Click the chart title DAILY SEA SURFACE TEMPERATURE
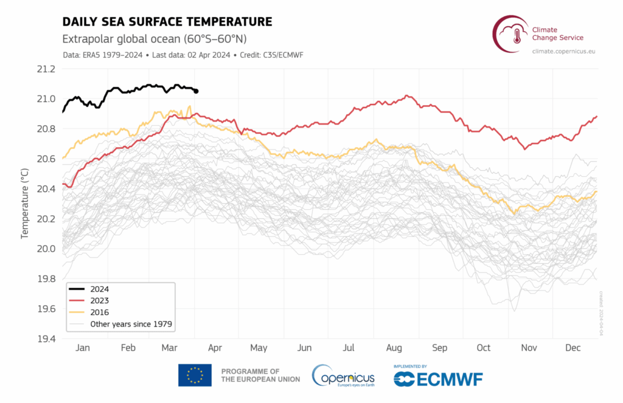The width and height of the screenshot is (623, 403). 167,22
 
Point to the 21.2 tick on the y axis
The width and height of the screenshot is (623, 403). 47,69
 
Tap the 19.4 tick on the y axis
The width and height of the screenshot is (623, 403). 47,339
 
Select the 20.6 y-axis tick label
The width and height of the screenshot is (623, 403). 47,159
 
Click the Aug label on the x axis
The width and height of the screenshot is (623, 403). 394,348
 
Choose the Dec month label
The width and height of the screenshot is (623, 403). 573,348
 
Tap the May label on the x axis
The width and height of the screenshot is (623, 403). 259,348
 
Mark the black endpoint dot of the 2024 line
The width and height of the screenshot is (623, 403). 196,91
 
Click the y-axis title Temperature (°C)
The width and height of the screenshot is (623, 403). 25,204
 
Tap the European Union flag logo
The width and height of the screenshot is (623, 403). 195,375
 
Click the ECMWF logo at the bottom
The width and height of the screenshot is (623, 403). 438,377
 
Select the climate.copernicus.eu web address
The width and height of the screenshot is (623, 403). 563,52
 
